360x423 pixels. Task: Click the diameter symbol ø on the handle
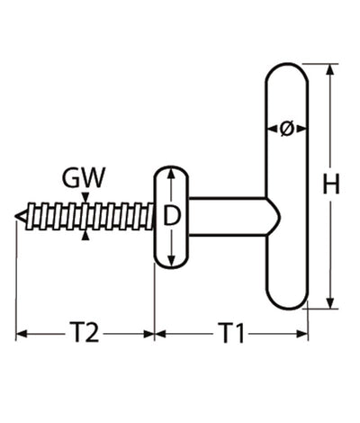(x=286, y=129)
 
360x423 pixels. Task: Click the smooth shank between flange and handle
(x=225, y=216)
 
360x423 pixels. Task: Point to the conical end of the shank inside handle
(x=275, y=216)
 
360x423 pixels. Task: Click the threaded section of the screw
(x=90, y=216)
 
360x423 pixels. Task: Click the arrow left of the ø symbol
(x=271, y=129)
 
